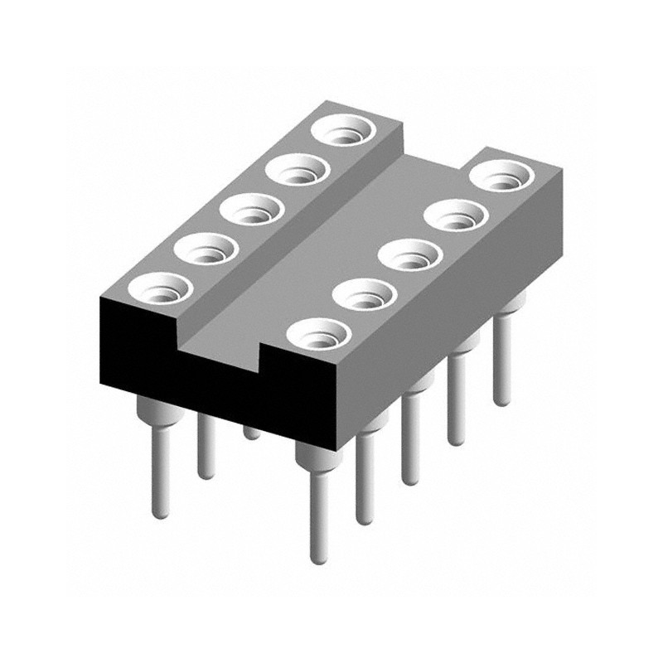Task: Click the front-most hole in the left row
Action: (x=160, y=287)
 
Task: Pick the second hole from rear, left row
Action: (x=298, y=171)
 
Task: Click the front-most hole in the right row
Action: (x=316, y=336)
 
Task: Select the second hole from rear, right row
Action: (x=455, y=216)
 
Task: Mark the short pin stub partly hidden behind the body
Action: (x=251, y=432)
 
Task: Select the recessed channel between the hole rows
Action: (x=331, y=249)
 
